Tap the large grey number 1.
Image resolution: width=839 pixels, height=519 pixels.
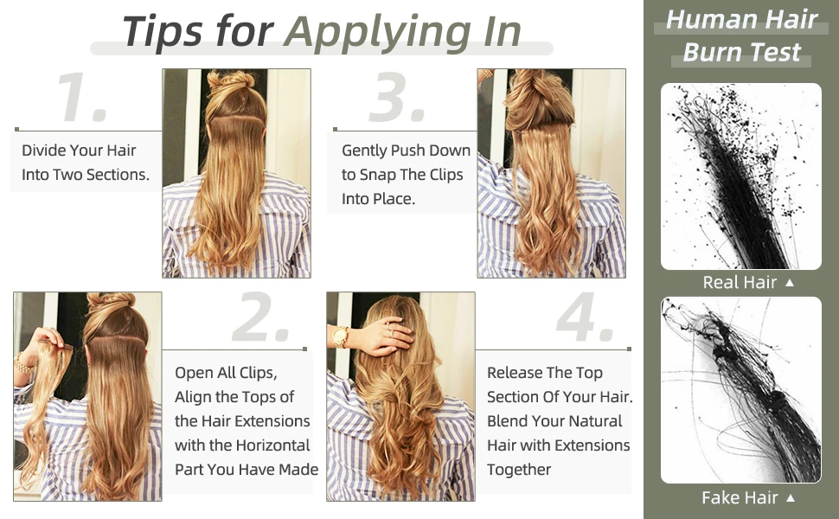point(82,98)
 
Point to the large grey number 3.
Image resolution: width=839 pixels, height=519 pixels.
point(397,98)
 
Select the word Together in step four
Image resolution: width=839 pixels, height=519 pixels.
point(519,470)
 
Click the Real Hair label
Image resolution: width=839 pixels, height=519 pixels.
point(740,282)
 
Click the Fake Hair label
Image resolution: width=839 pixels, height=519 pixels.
point(740,497)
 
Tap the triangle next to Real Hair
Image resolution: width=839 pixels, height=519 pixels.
point(789,283)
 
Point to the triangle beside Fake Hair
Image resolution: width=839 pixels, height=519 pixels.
point(789,498)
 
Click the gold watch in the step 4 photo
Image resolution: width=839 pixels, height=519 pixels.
point(341,336)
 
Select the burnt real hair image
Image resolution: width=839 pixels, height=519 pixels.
point(741,176)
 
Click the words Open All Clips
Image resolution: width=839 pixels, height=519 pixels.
point(226,373)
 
